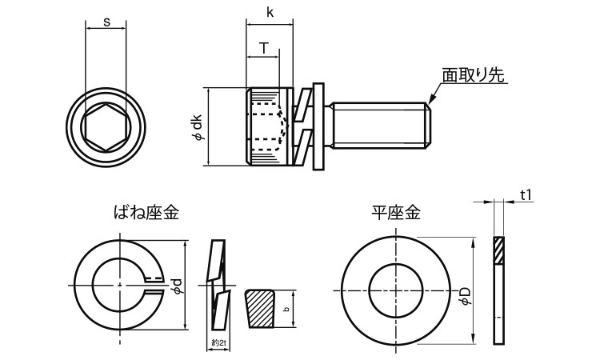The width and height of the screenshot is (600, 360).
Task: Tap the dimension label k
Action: pos(269,14)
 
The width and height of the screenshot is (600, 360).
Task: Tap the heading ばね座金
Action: pos(146,213)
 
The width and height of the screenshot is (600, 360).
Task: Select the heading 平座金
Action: pos(395,213)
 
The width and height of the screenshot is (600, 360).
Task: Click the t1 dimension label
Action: pos(526,194)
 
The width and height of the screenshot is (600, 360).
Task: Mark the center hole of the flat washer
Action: pos(396,288)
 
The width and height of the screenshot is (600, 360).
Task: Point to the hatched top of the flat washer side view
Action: pos(498,250)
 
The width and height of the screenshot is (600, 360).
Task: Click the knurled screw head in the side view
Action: pos(266,126)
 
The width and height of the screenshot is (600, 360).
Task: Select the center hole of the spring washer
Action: pos(118,284)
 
